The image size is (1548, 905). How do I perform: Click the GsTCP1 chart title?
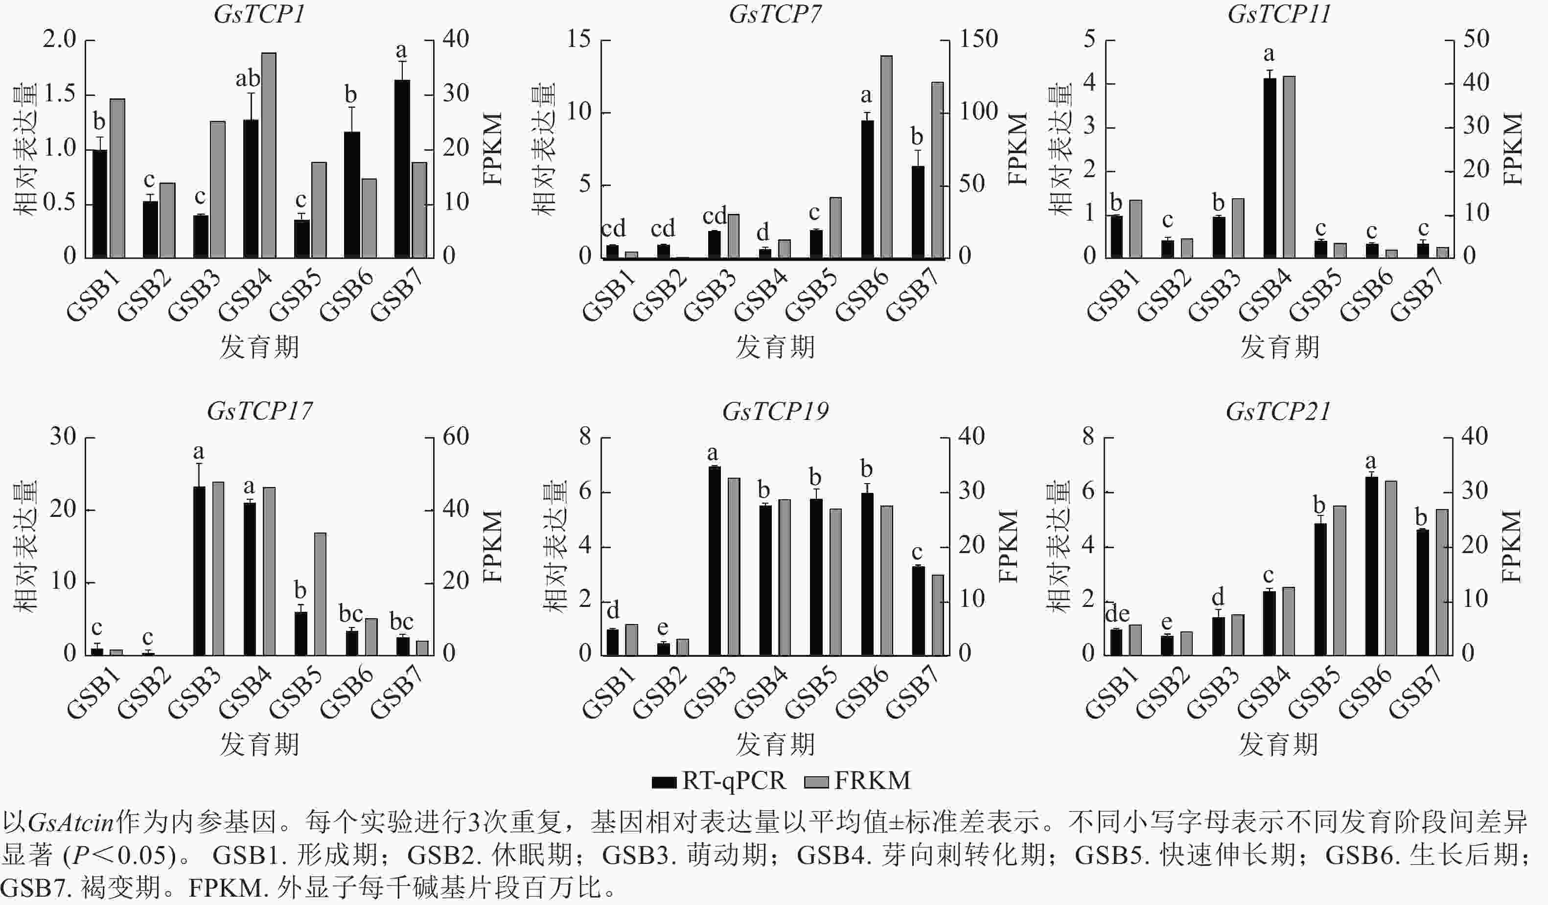pos(259,14)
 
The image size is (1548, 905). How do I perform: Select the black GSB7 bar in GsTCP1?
pos(402,168)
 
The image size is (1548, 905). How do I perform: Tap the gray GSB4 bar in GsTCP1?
pos(269,156)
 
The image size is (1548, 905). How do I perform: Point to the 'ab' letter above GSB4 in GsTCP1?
pos(248,79)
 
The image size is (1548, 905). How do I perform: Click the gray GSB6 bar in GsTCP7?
pos(886,157)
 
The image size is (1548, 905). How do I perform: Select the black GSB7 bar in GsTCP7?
pos(918,212)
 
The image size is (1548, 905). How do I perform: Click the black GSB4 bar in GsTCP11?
pos(1270,168)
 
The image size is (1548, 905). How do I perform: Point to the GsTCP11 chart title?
pos(1279,14)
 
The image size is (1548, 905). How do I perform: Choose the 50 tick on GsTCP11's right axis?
pos(1476,39)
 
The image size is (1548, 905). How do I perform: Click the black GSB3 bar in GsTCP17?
pos(200,571)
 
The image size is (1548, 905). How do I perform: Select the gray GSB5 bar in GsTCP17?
pos(320,594)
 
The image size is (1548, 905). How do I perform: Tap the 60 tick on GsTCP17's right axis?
pos(455,437)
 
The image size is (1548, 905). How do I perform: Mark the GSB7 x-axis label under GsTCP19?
pos(913,692)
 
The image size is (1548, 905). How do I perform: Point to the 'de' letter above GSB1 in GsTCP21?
pos(1117,614)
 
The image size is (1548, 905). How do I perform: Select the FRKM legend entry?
pos(857,781)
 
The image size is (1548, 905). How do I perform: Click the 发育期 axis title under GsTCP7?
pos(775,347)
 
